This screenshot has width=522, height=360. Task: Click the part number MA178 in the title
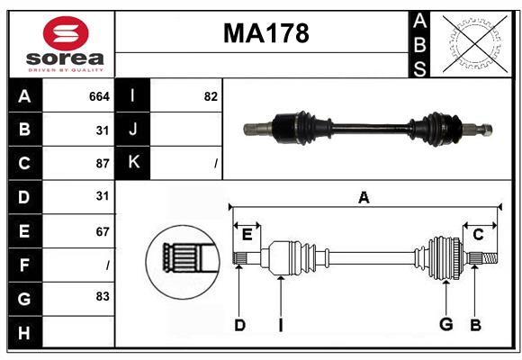pyautogui.click(x=265, y=33)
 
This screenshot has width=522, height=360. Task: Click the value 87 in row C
pyautogui.click(x=102, y=163)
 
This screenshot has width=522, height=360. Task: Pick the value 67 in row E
pyautogui.click(x=102, y=230)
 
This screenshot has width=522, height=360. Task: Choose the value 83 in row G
pyautogui.click(x=102, y=296)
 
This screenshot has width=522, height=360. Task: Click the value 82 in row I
pyautogui.click(x=211, y=96)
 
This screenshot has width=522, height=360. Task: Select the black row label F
pyautogui.click(x=24, y=265)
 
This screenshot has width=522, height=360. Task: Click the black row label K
pyautogui.click(x=133, y=163)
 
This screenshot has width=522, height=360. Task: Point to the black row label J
pyautogui.click(x=133, y=130)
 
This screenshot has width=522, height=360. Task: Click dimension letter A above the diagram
pyautogui.click(x=364, y=197)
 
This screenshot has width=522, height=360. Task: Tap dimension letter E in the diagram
pyautogui.click(x=247, y=234)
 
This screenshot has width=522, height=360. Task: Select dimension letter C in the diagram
pyautogui.click(x=478, y=234)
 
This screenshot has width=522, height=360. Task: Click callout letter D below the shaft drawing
pyautogui.click(x=239, y=325)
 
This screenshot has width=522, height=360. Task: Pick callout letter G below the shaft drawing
pyautogui.click(x=445, y=325)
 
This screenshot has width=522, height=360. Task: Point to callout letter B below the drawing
pyautogui.click(x=476, y=325)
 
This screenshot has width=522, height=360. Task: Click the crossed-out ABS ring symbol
pyautogui.click(x=472, y=43)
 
